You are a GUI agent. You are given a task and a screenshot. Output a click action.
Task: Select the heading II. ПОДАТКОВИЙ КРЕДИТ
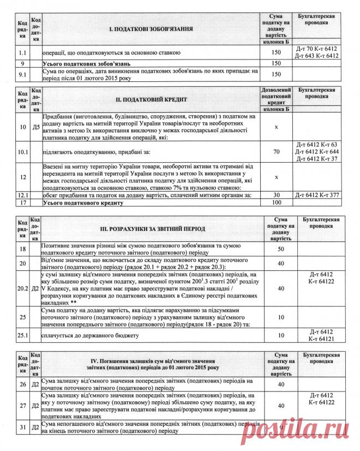click(x=152, y=100)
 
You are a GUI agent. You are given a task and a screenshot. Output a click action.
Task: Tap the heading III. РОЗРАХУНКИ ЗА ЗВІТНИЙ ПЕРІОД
click(x=152, y=229)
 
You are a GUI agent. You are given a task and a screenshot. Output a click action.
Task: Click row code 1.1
click(x=22, y=52)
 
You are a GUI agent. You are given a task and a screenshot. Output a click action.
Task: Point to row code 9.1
click(x=22, y=74)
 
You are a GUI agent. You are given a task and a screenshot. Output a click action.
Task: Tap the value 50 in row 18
click(x=280, y=248)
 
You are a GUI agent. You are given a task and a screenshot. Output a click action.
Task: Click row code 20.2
click(x=22, y=287)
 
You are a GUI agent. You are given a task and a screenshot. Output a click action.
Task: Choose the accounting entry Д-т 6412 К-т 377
click(x=316, y=195)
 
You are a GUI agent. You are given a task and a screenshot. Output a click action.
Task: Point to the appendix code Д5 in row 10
click(x=36, y=127)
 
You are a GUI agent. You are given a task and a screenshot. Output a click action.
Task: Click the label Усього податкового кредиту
click(x=82, y=203)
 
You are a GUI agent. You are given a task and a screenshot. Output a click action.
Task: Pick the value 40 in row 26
click(x=280, y=384)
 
